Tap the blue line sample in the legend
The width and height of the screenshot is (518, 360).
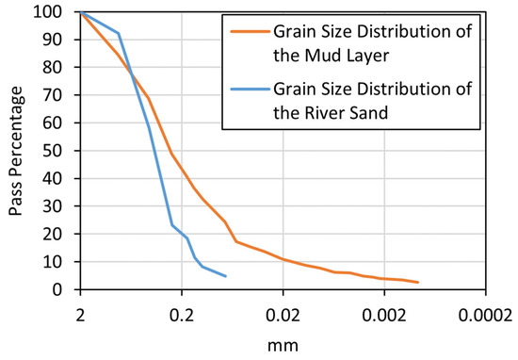247,92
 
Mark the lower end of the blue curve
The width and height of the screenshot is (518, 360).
226,276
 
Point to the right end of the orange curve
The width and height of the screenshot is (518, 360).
417,283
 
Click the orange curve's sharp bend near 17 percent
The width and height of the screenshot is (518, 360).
236,241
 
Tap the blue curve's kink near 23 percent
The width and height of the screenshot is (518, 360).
171,224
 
